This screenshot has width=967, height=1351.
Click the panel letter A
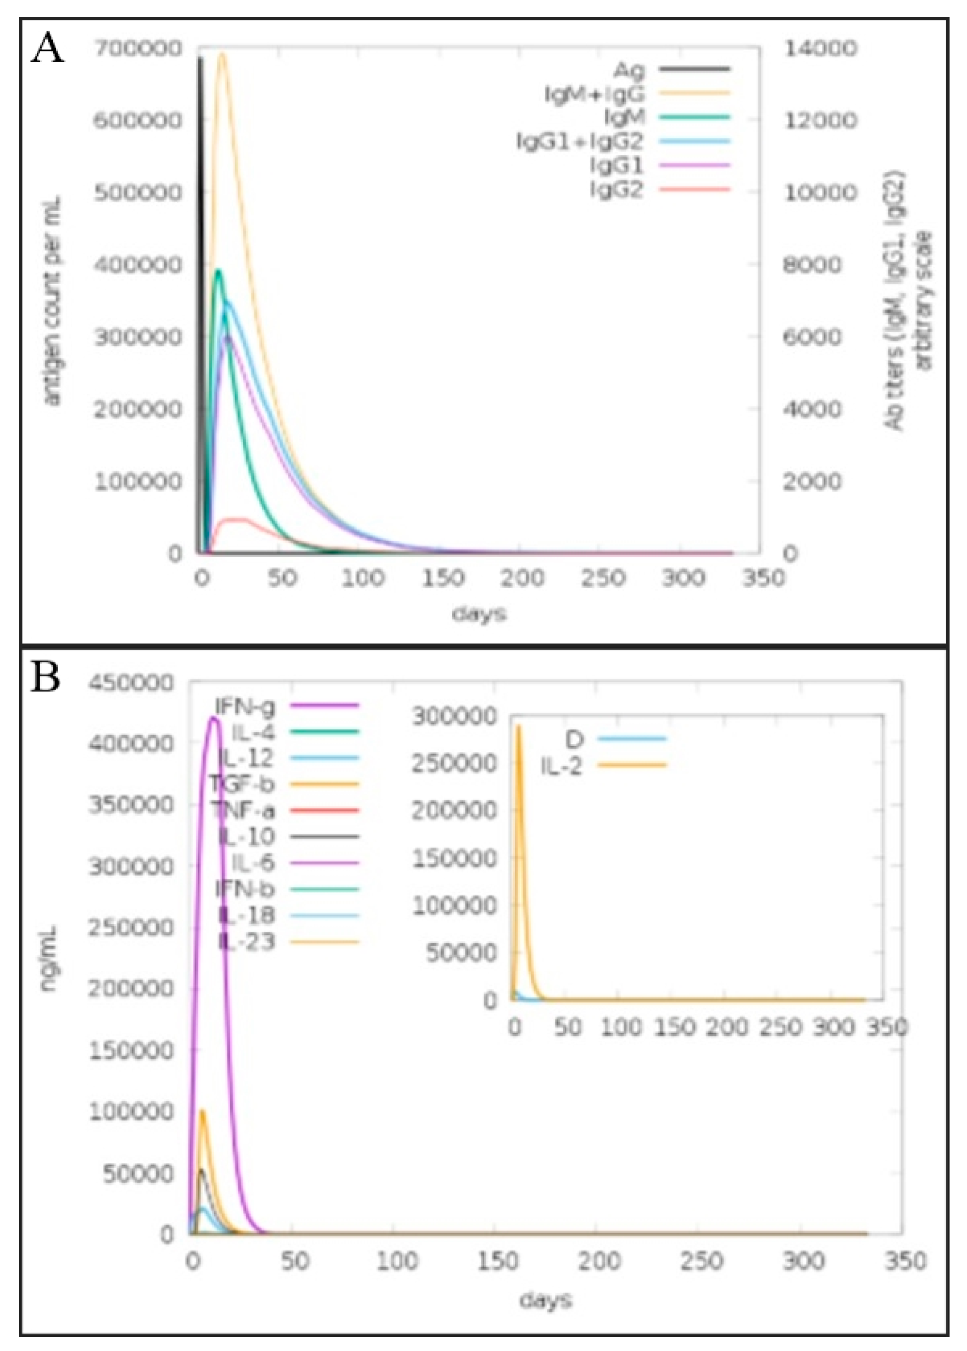pyautogui.click(x=47, y=49)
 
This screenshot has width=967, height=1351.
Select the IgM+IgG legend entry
pyautogui.click(x=595, y=94)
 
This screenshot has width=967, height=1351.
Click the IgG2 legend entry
pyautogui.click(x=617, y=190)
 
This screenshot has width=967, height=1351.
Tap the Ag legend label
pyautogui.click(x=629, y=70)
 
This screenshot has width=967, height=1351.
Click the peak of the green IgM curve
pyautogui.click(x=219, y=272)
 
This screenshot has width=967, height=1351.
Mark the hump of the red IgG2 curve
pyautogui.click(x=235, y=519)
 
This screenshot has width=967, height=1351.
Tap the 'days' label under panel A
pyautogui.click(x=479, y=614)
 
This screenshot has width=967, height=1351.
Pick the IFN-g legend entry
pyautogui.click(x=245, y=707)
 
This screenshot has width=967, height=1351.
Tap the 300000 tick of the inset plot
pyautogui.click(x=454, y=717)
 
